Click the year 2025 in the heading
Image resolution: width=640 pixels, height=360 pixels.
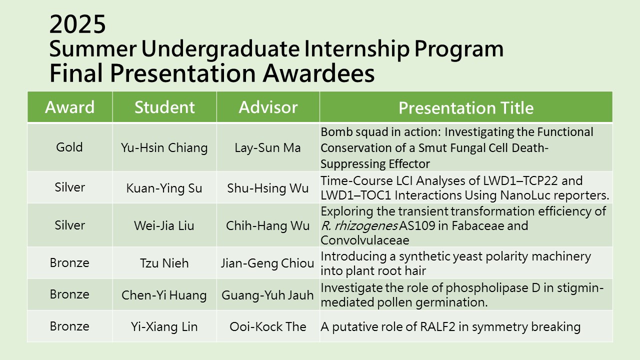coord(77,24)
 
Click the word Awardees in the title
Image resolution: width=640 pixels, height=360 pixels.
coord(318,73)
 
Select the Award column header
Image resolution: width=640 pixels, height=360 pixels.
coord(69,107)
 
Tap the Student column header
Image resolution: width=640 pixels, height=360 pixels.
coord(164,107)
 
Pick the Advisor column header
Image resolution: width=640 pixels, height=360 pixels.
coord(268,107)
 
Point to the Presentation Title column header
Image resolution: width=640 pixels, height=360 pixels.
coord(466,107)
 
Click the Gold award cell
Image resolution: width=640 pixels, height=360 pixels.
coord(69,147)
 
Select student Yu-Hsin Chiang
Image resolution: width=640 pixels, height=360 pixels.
coord(164,148)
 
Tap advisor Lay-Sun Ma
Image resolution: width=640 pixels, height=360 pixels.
coord(267,148)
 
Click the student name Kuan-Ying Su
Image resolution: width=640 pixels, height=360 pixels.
coord(164,188)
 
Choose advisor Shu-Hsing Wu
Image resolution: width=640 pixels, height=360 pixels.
coord(267,188)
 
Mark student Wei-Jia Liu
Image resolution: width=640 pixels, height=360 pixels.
coord(164,225)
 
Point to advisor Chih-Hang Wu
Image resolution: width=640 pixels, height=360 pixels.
coord(267,225)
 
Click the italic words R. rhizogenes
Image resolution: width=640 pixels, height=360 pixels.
coord(359,226)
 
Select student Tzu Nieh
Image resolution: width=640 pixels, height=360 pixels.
coord(164,263)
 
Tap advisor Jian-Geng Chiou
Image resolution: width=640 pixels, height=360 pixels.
coord(267,263)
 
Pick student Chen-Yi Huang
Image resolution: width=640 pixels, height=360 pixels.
coord(164,295)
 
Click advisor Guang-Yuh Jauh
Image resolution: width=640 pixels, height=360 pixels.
coord(267,295)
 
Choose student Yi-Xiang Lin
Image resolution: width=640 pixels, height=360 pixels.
coord(164,327)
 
